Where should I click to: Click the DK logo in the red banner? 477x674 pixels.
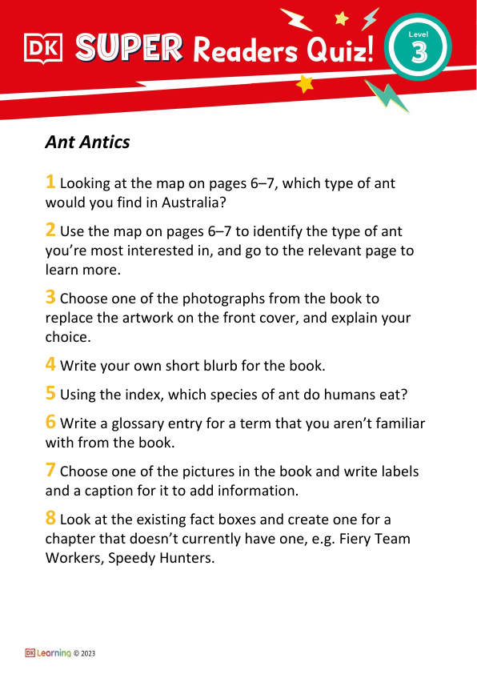pyautogui.click(x=45, y=50)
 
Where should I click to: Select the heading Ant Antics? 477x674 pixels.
pyautogui.click(x=87, y=142)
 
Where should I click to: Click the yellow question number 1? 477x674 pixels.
pyautogui.click(x=50, y=182)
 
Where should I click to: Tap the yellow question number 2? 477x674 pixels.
pyautogui.click(x=50, y=230)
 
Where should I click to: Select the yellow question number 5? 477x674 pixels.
pyautogui.click(x=50, y=392)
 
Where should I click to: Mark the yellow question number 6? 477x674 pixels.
pyautogui.click(x=50, y=421)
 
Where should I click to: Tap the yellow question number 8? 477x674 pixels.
pyautogui.click(x=50, y=517)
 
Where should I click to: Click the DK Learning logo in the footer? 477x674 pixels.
pyautogui.click(x=48, y=653)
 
